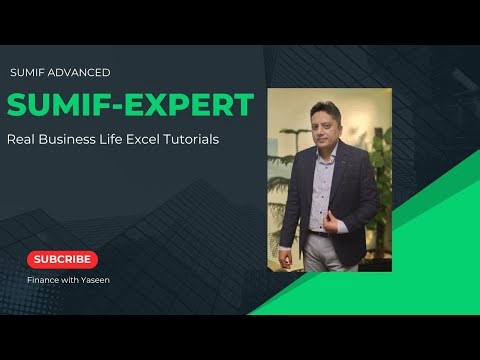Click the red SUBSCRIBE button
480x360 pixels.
click(x=63, y=259)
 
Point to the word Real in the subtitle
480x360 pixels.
click(x=22, y=140)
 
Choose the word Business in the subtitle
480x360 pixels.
click(x=73, y=140)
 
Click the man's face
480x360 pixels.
click(x=324, y=128)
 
